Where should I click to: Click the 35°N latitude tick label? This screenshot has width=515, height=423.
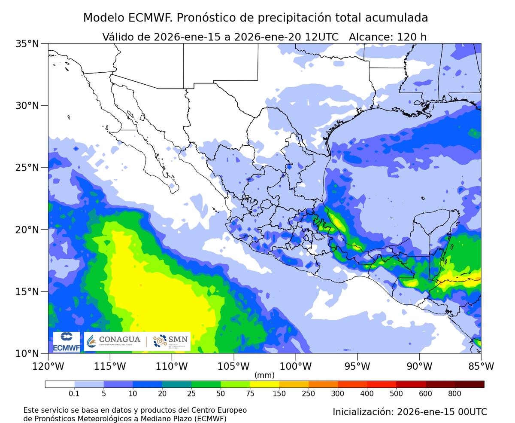[x=27, y=44]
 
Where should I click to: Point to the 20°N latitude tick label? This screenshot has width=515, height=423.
[x=27, y=230]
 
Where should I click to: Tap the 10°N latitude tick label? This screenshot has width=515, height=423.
[x=27, y=353]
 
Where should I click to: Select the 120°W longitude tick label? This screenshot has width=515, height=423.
[x=48, y=366]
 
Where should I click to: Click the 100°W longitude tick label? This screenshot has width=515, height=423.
[x=296, y=366]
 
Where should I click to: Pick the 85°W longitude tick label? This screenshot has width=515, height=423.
[x=481, y=366]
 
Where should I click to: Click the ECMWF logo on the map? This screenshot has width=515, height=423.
[x=67, y=342]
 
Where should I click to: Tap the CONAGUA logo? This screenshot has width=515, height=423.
[x=114, y=341]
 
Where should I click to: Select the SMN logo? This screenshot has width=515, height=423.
[x=170, y=341]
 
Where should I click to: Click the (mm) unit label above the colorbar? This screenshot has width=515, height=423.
[x=264, y=375]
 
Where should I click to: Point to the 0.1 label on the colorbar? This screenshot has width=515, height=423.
[x=74, y=393]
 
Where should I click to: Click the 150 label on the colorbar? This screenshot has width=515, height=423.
[x=279, y=393]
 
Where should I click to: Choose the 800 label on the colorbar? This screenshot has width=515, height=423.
[x=454, y=393]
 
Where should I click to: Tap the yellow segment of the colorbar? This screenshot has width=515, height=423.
[x=264, y=384]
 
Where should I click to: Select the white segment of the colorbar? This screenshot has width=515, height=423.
[x=60, y=384]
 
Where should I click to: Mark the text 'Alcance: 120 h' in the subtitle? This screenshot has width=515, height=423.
[x=388, y=37]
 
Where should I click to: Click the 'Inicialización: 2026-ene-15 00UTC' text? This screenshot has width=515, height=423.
[x=410, y=412]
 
